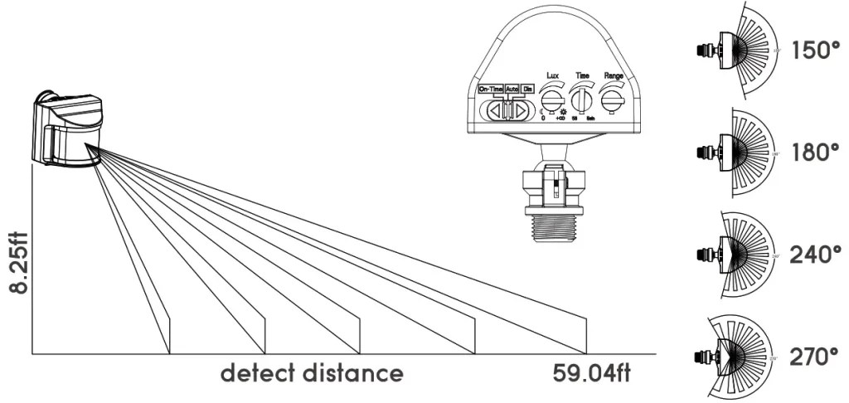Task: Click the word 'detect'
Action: pos(259,372)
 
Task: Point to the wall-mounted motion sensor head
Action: pos(68,130)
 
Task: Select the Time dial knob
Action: pos(583,101)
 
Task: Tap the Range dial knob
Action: pos(614,100)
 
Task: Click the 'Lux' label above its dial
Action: pos(552,75)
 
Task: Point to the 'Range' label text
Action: pos(614,75)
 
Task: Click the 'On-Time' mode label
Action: pos(491,89)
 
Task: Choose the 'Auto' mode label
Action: pos(512,89)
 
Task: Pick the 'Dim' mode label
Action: pos(527,89)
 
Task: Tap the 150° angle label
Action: pos(816,50)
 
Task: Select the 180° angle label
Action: pos(816,153)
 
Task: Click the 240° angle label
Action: pos(816,255)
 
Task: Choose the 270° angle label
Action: pos(816,358)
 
